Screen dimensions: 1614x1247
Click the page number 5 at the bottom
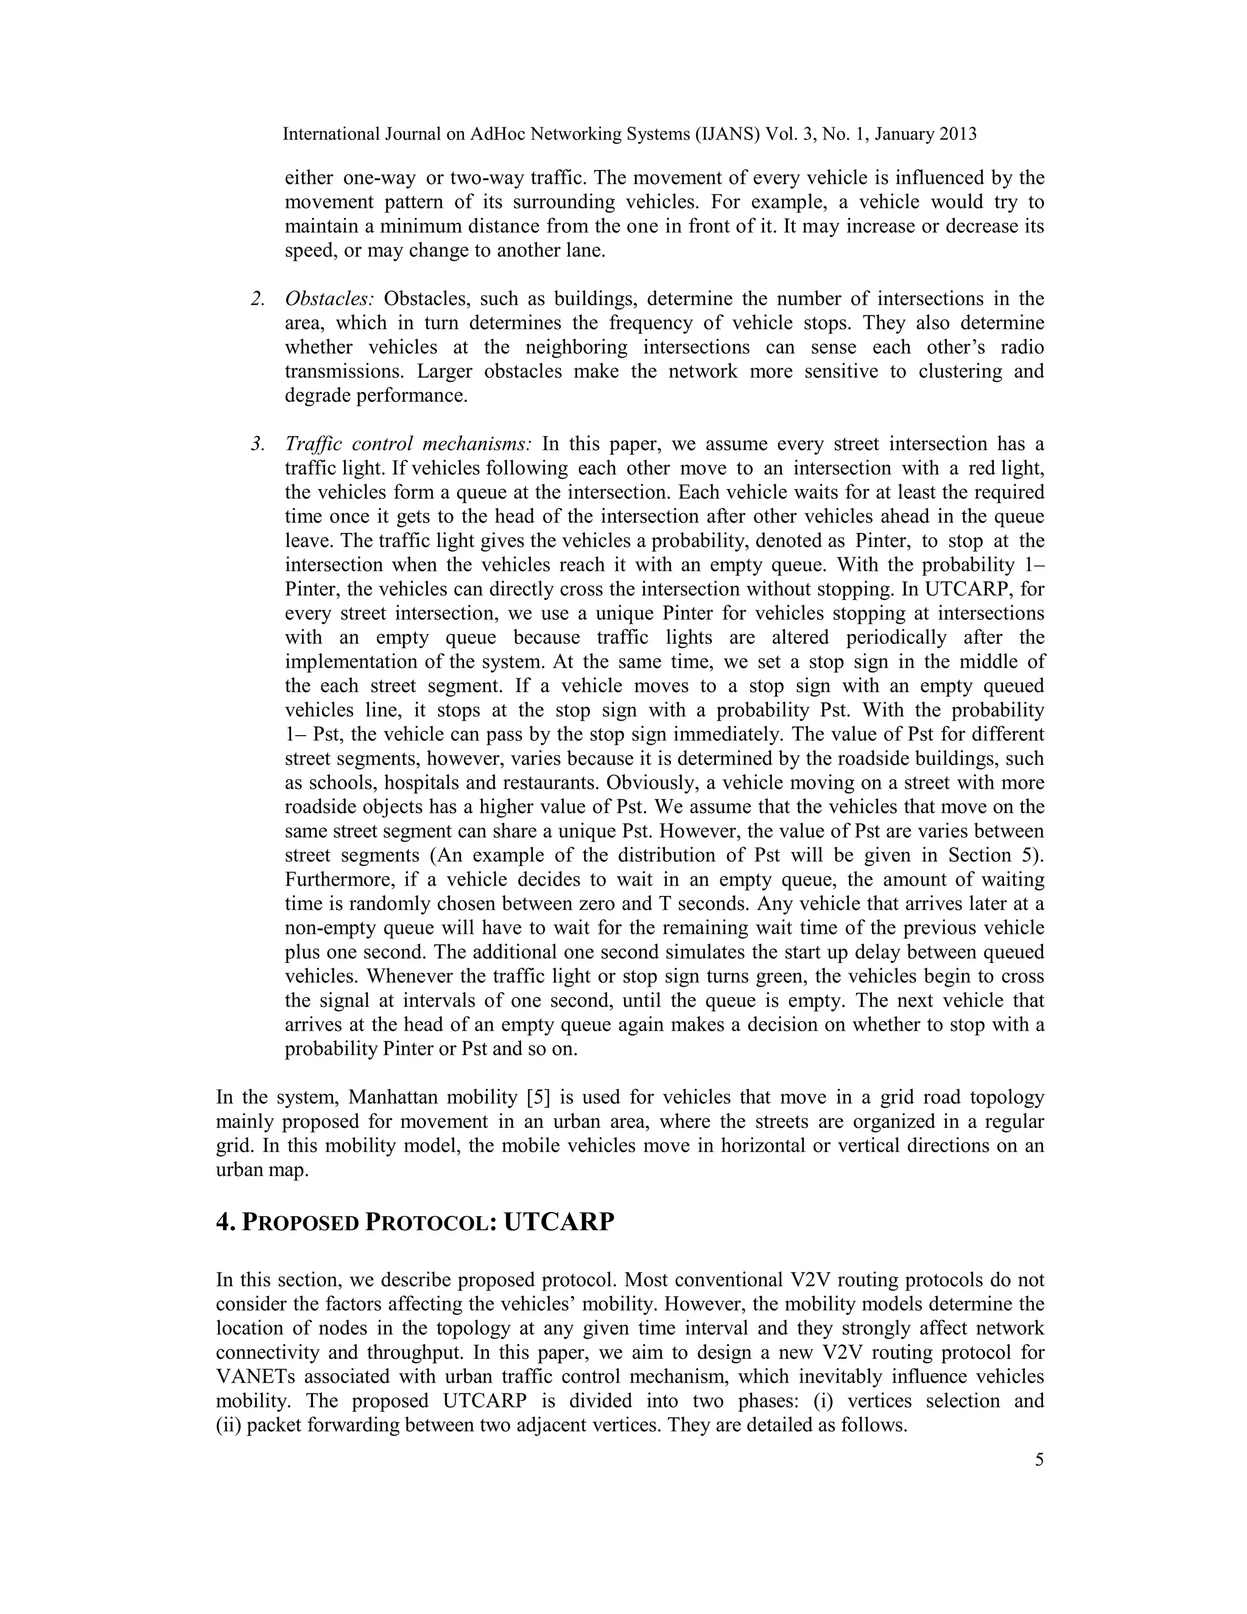tap(1039, 1459)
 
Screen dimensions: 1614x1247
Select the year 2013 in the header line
tap(958, 134)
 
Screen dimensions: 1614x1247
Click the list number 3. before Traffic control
tap(258, 444)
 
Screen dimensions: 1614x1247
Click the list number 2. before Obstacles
tap(258, 298)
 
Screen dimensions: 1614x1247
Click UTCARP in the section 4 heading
tap(558, 1222)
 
